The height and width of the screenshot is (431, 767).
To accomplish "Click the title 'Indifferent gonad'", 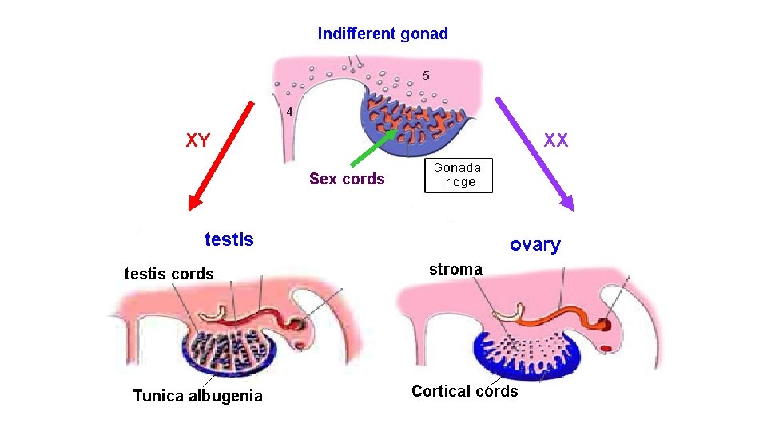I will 383,34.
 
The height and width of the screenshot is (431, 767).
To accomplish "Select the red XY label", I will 198,141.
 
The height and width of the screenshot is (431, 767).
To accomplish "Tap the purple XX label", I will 556,140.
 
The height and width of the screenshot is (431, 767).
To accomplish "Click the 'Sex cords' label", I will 347,179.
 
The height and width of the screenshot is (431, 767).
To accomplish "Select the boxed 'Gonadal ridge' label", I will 459,175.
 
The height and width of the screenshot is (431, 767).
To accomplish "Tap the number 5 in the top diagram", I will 426,76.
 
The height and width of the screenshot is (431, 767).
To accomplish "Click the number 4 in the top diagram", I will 289,111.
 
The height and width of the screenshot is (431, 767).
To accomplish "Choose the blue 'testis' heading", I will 229,239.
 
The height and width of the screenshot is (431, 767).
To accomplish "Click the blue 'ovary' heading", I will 535,245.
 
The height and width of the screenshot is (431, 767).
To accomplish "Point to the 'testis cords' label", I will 169,274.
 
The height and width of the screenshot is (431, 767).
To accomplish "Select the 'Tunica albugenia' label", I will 197,396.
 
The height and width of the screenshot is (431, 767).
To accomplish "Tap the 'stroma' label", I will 455,269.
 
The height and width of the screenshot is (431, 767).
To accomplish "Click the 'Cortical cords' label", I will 464,391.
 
